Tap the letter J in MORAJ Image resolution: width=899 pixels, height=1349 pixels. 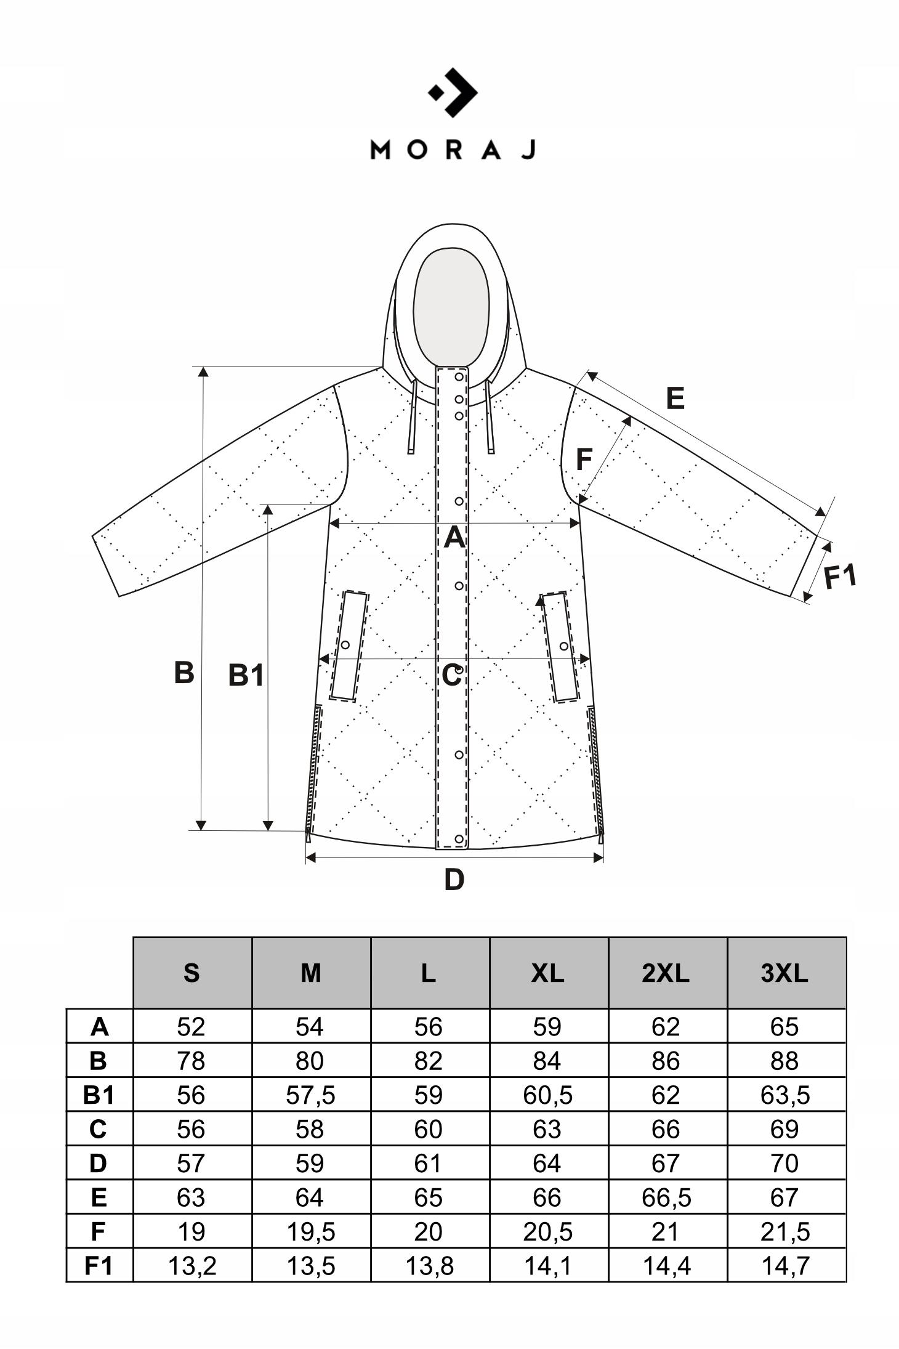529,150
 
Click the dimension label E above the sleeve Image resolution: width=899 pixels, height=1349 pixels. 675,399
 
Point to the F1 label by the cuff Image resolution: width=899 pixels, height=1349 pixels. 840,577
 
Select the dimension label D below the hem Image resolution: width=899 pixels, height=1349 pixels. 454,880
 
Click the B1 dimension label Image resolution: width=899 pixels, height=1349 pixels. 246,676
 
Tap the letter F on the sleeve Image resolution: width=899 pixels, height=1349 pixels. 584,460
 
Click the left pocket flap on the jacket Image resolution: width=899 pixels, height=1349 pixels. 349,646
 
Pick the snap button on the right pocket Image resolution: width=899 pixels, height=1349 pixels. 563,646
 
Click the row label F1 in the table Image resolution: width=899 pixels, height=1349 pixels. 99,1266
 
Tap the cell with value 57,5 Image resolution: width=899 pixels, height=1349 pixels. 310,1095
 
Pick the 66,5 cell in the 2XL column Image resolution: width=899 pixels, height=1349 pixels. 666,1198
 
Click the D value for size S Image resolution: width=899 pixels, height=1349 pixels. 191,1164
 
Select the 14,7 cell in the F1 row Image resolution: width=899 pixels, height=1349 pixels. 784,1266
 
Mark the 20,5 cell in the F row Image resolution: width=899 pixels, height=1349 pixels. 547,1232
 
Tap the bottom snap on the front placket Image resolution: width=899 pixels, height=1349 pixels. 459,839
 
